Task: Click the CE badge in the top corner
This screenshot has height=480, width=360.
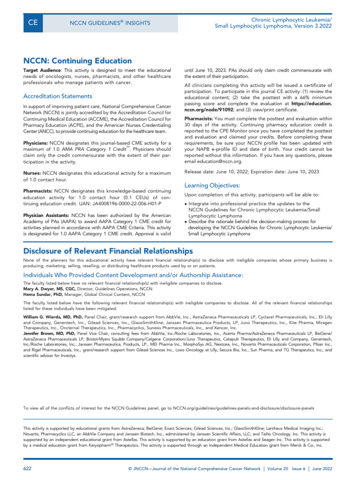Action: pyautogui.click(x=33, y=22)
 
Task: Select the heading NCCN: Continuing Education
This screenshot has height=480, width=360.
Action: pyautogui.click(x=77, y=60)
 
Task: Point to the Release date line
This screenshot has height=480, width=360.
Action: pyautogui.click(x=252, y=172)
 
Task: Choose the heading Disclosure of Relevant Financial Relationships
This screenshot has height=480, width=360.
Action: pyautogui.click(x=108, y=251)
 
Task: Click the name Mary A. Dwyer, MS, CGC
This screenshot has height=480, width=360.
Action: pyautogui.click(x=49, y=289)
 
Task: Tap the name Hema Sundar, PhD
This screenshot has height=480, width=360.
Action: pyautogui.click(x=43, y=295)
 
